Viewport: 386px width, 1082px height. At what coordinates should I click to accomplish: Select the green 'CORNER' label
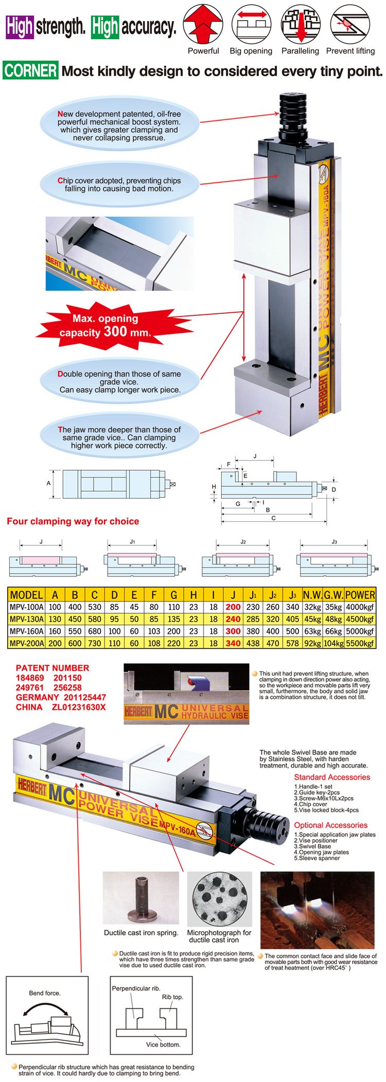(x=30, y=70)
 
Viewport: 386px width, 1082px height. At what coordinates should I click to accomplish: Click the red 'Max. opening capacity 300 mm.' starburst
(x=106, y=326)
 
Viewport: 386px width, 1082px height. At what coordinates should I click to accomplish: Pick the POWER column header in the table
(x=360, y=595)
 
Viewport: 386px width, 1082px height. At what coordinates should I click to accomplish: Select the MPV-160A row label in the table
(x=27, y=631)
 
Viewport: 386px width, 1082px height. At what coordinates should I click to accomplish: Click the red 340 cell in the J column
(x=233, y=643)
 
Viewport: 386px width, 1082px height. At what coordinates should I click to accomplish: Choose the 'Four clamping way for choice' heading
(x=73, y=521)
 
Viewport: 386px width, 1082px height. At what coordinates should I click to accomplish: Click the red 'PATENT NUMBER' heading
(x=52, y=668)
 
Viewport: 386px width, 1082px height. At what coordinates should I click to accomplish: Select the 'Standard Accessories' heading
(x=332, y=777)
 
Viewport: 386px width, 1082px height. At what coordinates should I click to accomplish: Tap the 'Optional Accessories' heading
(x=331, y=825)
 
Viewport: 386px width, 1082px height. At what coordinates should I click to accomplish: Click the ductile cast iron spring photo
(x=141, y=898)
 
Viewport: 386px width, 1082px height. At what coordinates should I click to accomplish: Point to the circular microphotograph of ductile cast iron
(x=220, y=898)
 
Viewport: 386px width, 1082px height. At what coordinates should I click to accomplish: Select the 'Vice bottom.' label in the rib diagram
(x=163, y=1045)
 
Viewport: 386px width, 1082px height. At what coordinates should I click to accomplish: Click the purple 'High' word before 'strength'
(x=20, y=27)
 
